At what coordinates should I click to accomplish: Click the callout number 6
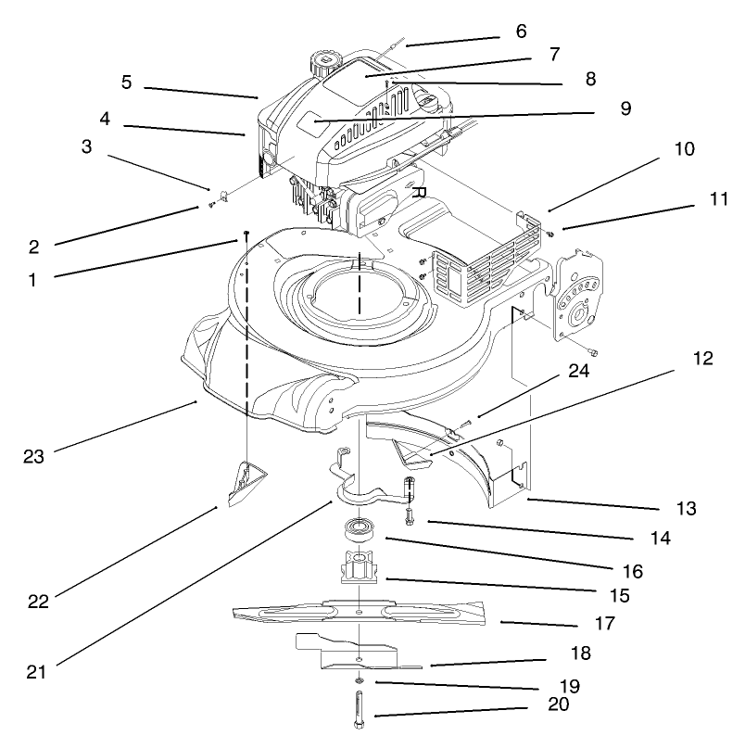[x=521, y=31]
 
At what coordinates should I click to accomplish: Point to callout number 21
[x=37, y=670]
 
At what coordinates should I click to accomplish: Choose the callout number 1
[x=32, y=278]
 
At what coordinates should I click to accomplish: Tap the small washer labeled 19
[x=359, y=683]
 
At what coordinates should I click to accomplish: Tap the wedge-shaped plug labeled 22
[x=245, y=482]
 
